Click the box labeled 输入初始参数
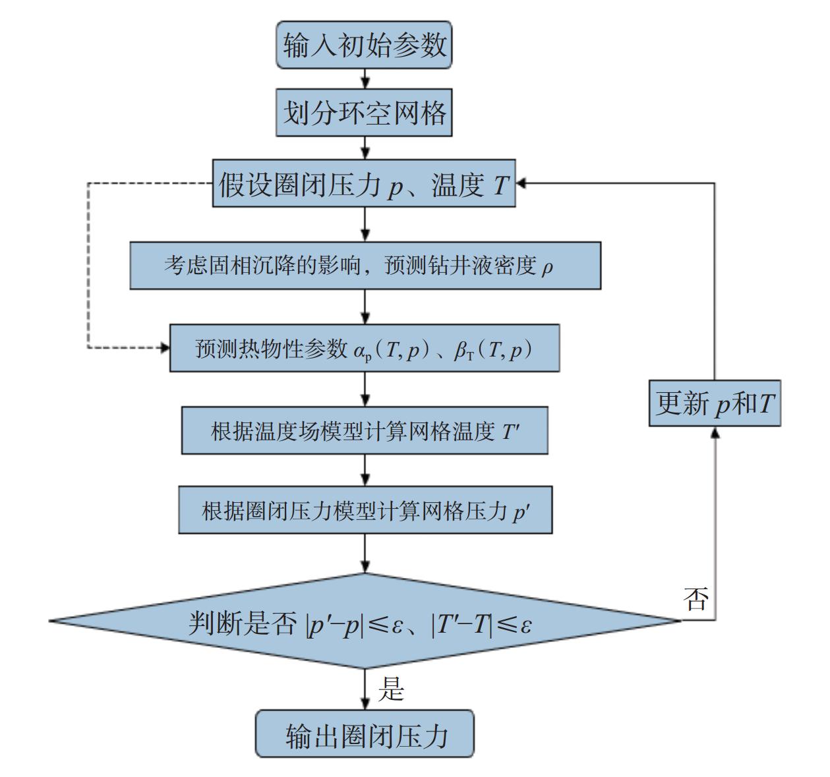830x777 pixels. pos(364,45)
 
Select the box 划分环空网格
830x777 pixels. pos(364,113)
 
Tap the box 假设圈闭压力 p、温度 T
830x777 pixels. pos(364,184)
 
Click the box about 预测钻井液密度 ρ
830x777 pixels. pos(365,266)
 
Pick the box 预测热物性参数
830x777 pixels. pos(365,348)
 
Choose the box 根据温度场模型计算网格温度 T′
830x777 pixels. pos(365,431)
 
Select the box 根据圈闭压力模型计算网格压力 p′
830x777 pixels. pos(365,511)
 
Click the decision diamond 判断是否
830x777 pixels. pos(365,621)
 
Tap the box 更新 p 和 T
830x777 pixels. pos(715,403)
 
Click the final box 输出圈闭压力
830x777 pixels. pos(365,734)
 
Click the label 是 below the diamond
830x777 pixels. pos(390,690)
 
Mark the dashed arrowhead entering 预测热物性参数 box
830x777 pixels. pos(165,347)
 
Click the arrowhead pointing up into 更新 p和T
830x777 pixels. pos(715,432)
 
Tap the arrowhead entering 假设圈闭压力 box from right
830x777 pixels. pos(521,183)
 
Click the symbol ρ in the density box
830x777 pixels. pos(547,267)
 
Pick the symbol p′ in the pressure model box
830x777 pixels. pos(520,512)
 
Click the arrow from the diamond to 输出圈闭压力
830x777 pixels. pos(365,689)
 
